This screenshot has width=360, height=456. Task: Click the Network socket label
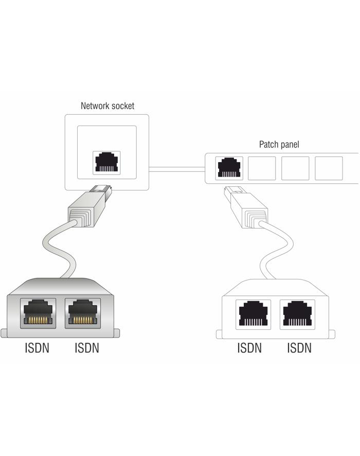click(107, 106)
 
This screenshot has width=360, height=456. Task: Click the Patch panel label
click(279, 145)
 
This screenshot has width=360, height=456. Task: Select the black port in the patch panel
click(229, 168)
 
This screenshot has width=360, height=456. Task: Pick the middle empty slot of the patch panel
click(295, 168)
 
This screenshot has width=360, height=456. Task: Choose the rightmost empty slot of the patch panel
click(328, 168)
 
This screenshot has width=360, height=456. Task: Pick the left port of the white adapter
click(252, 312)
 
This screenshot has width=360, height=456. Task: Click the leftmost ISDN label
click(37, 348)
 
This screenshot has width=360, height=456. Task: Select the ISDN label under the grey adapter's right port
click(86, 348)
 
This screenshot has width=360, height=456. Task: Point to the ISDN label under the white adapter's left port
click(249, 348)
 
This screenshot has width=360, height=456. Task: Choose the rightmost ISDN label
click(299, 348)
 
